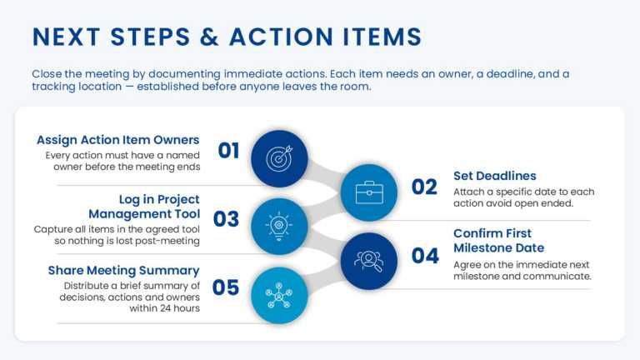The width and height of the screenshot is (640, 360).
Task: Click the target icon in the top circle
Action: pos(278,158)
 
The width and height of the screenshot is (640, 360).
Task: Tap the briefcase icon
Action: pos(369,192)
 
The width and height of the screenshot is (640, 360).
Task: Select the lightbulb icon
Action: pos(278,226)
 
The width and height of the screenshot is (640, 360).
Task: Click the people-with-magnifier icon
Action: pos(369,261)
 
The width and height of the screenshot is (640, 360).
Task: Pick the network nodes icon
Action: pos(278,295)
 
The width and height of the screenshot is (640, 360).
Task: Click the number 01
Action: pos(229,151)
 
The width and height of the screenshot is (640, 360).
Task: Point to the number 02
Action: pos(424,187)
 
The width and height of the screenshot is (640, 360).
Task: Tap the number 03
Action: pos(227,219)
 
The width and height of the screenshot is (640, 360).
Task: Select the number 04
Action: pos(425,256)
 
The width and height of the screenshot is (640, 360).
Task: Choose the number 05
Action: pos(226,287)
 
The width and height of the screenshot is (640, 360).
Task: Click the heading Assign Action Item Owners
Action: pos(117,140)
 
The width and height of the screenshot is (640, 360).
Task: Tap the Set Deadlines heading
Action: pos(494,176)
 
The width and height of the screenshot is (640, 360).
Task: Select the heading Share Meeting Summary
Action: pos(123,270)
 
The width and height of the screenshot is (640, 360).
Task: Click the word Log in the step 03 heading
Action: pos(131,199)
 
